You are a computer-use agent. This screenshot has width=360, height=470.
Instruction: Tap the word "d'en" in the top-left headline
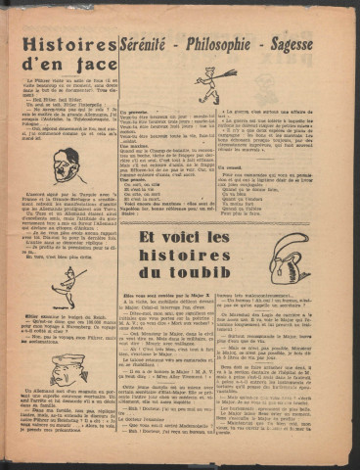pos(44,70)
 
